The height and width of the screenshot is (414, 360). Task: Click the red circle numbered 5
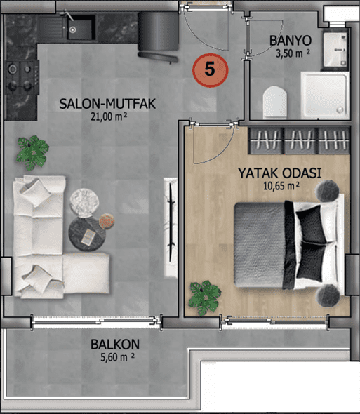click(x=210, y=70)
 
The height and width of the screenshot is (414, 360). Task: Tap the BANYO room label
click(x=291, y=41)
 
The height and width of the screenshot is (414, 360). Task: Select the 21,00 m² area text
click(x=109, y=116)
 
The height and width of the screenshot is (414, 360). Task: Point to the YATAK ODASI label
click(x=280, y=173)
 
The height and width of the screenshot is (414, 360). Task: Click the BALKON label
click(x=115, y=345)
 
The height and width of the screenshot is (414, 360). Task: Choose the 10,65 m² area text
click(x=281, y=186)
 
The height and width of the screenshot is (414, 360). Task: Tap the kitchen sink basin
click(x=81, y=28)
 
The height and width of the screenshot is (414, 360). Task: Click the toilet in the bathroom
click(x=275, y=102)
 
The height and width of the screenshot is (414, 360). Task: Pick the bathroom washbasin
click(x=335, y=50)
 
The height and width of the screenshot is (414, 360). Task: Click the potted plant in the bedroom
click(x=205, y=298)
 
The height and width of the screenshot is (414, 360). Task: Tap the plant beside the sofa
click(x=32, y=152)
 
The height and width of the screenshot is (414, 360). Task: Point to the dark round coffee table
click(x=87, y=234)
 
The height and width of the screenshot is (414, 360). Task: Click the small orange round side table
click(x=107, y=221)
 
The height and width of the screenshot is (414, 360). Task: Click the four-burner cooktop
click(x=22, y=77)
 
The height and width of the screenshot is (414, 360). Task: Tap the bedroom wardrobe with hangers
click(x=299, y=140)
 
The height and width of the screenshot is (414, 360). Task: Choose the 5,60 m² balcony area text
click(x=117, y=357)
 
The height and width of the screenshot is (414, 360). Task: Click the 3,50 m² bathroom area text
click(x=293, y=53)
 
